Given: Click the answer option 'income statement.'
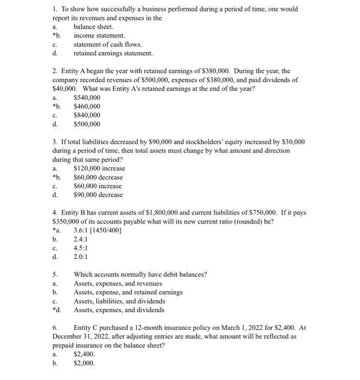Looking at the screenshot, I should (x=99, y=35).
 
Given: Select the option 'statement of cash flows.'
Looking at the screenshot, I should (x=108, y=45).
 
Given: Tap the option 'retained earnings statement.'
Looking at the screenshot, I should (x=113, y=53).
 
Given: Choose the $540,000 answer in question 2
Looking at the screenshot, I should (x=87, y=97).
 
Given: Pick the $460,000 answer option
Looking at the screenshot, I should (x=87, y=106).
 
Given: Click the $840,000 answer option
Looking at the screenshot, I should (x=87, y=115).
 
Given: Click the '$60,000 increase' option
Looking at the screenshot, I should (x=98, y=186).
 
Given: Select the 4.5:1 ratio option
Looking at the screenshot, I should (x=80, y=248).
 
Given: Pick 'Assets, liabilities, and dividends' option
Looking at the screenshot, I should (x=119, y=301).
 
